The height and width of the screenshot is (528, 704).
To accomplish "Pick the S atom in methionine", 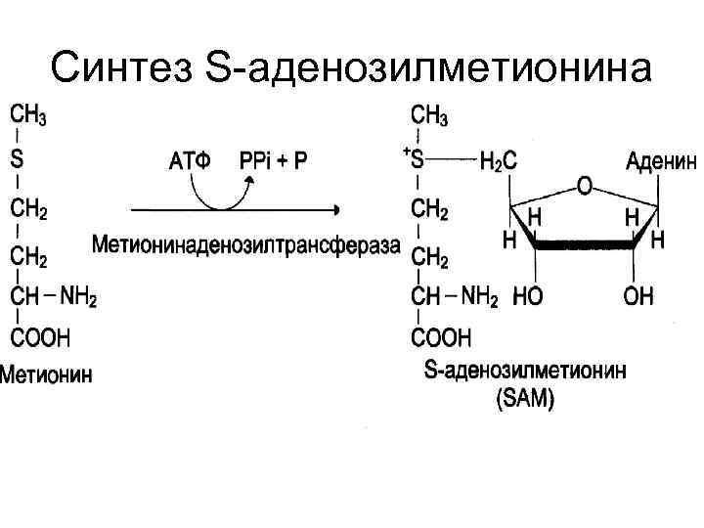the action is tap(18, 158).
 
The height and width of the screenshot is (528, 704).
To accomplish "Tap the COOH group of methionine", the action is tap(40, 338).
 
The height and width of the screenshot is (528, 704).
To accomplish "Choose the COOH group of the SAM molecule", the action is tap(441, 338).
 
